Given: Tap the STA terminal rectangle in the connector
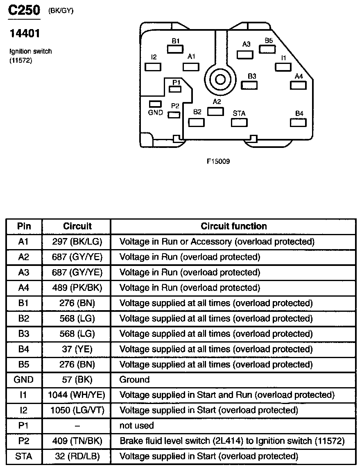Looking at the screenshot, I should pos(239,123).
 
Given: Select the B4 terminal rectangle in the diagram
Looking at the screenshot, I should pos(298,123).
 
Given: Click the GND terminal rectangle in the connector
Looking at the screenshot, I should pos(155,104).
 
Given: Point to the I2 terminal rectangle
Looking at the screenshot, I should pos(153,66).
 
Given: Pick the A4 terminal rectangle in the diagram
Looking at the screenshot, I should pos(298,85).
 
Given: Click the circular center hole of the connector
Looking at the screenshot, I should pos(220,79).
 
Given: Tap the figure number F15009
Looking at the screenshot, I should pos(218,161).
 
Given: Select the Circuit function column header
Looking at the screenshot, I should pos(233,226).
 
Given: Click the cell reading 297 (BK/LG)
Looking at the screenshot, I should pos(77,242).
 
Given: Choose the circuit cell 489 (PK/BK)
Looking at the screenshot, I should pos(77,288).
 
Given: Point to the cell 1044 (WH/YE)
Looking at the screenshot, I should pos(77,395).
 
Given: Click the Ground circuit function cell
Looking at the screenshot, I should pos(134,380).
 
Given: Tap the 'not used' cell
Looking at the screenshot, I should pos(136,426).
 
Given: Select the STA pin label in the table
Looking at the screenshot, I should pos(24,456).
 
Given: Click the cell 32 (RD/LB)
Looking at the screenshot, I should pos(77,456).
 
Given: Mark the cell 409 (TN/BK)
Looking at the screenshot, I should pos(77,441).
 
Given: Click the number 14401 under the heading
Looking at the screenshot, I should pos(24,33).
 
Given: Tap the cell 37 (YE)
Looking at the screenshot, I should pos(77,349).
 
